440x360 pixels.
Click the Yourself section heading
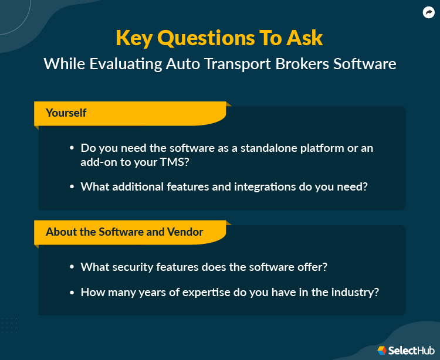(x=66, y=113)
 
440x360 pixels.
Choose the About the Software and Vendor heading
(x=124, y=232)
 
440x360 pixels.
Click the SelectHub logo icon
(x=382, y=350)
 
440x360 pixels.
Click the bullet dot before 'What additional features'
(x=72, y=187)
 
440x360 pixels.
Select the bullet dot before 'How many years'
(x=72, y=291)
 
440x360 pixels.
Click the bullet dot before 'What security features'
(x=72, y=267)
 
